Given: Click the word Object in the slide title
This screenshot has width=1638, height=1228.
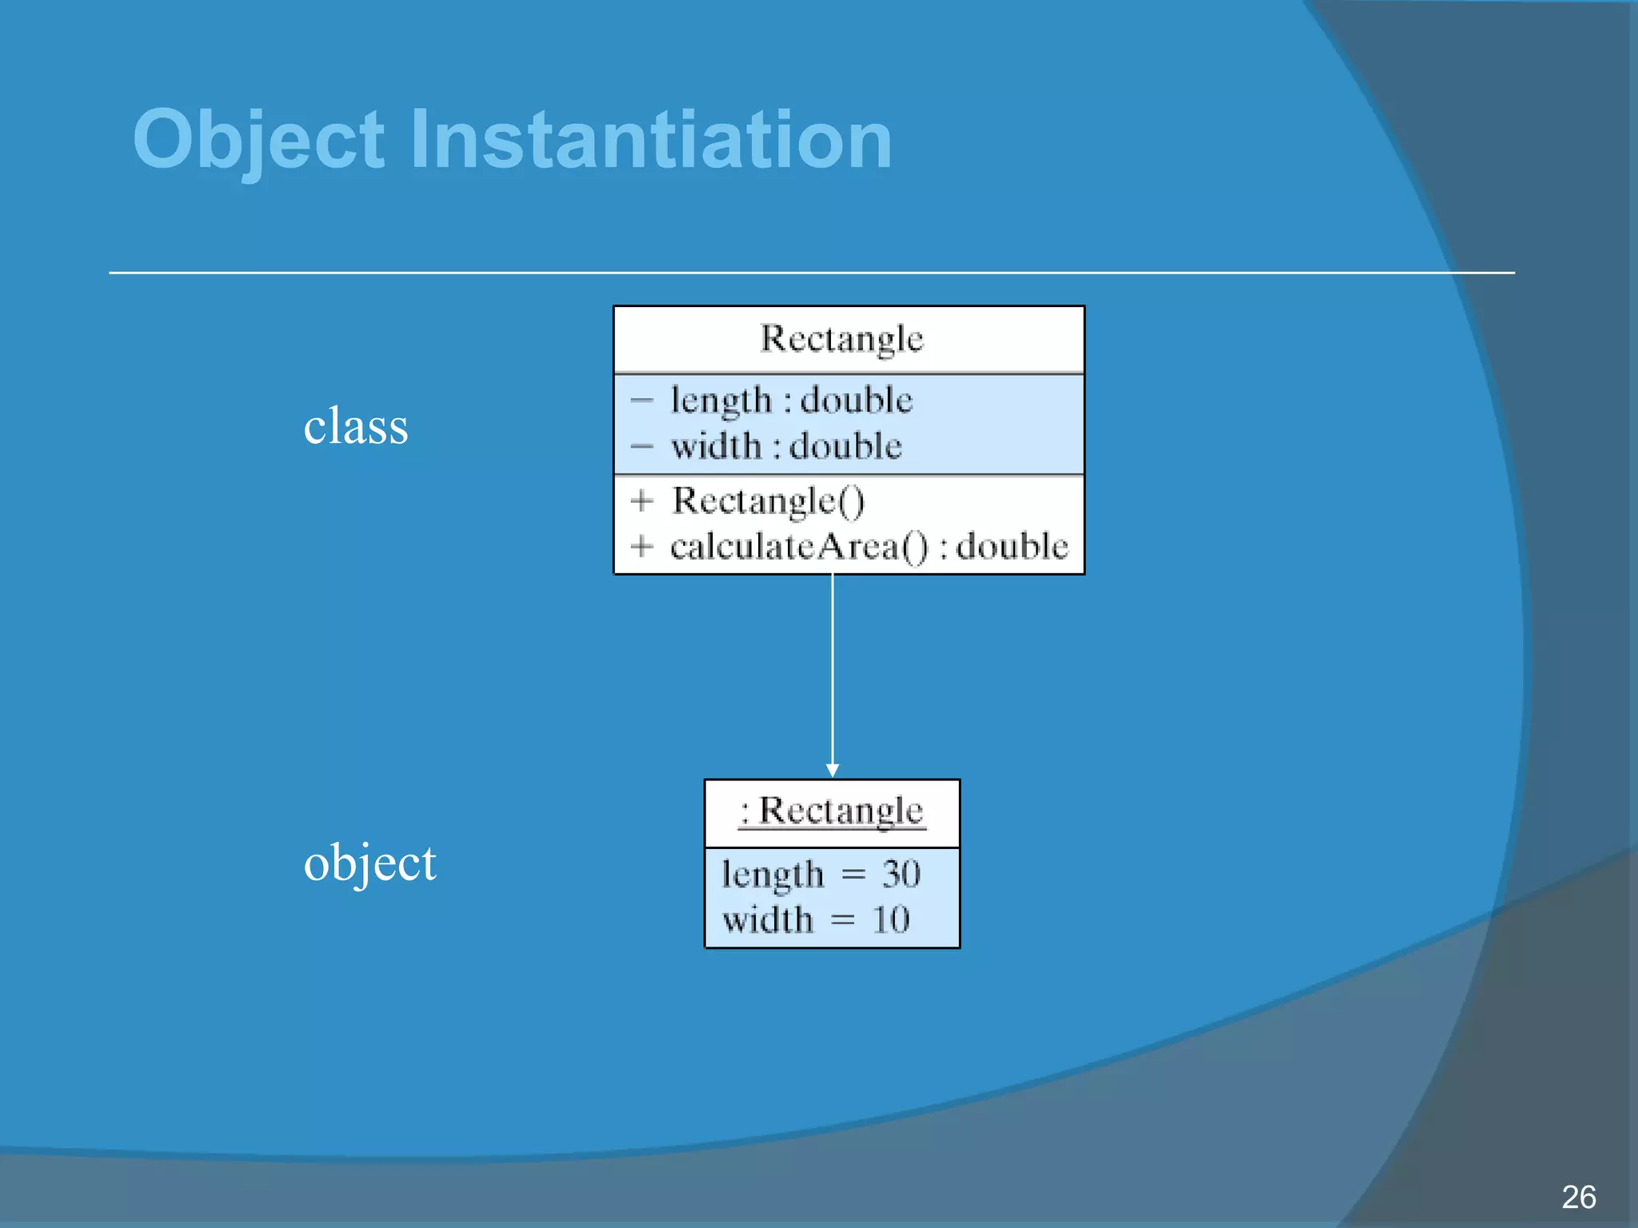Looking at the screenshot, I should point(258,140).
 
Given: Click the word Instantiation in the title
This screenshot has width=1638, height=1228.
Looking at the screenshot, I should point(650,140).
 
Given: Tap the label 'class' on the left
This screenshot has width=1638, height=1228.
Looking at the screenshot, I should point(356,426).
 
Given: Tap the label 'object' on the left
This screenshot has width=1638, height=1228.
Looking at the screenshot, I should point(370,863).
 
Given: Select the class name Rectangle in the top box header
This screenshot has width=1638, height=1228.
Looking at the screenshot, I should point(841,339).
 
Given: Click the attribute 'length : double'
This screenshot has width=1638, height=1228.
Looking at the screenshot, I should point(791,400).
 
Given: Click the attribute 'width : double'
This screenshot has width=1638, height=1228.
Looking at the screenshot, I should point(786,446).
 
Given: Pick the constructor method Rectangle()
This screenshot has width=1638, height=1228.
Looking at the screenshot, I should point(768,501).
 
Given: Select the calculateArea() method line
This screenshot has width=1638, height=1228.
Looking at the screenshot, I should point(869,547).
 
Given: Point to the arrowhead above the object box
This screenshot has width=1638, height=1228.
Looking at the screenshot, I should point(833,770).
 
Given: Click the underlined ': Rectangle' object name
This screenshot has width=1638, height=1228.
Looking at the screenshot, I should point(832,811).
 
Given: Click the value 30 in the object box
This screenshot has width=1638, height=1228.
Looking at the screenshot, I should point(901,874).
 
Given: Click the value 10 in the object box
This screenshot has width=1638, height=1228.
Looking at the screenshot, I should point(891,919).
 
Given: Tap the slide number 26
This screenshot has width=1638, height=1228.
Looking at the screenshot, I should point(1578,1197).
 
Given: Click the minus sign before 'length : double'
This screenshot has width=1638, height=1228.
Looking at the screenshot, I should point(641,400).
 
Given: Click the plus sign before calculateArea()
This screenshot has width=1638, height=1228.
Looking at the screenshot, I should point(641,547).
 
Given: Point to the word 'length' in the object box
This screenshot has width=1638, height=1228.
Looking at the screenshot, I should point(772,875).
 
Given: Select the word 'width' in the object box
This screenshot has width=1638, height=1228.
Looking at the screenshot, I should point(767,919).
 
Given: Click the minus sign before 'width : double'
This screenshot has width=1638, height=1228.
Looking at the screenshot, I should point(641,446).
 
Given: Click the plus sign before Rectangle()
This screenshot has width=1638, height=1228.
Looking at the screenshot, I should point(641,501).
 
